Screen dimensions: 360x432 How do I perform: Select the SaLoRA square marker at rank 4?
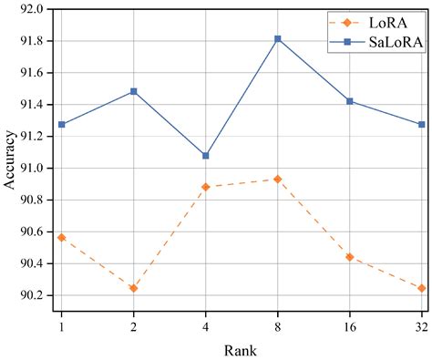[206, 156]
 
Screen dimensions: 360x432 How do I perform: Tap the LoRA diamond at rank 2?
[134, 288]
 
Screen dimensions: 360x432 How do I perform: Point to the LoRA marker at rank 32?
[421, 288]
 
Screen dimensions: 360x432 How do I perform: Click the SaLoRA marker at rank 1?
[62, 124]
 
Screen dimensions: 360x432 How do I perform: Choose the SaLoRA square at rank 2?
[134, 91]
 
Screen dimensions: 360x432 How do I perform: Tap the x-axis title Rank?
[241, 350]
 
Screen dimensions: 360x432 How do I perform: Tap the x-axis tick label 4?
[206, 324]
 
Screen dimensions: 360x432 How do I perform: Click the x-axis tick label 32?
[420, 324]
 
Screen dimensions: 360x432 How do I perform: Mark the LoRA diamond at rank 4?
[206, 187]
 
